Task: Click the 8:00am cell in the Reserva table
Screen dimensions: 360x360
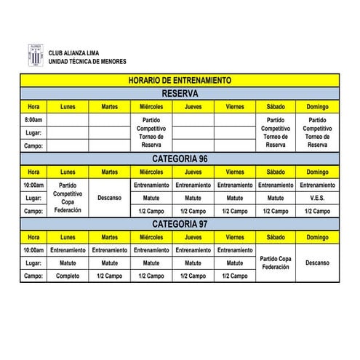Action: pos(33,119)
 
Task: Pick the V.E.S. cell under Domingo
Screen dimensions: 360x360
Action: pos(317,198)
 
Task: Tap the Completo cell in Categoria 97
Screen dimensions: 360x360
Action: pos(68,276)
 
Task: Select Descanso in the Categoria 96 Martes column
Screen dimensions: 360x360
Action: pos(110,198)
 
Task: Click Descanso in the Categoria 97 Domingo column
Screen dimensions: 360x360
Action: pos(317,263)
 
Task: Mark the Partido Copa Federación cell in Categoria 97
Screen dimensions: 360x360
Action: pos(276,263)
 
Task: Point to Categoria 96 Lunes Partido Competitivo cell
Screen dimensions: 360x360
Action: pos(68,198)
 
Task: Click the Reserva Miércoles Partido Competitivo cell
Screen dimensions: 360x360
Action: pos(151,132)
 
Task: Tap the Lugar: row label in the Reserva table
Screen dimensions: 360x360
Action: pos(33,132)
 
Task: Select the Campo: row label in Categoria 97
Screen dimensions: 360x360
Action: pos(33,276)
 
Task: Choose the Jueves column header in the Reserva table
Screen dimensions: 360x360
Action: pos(193,106)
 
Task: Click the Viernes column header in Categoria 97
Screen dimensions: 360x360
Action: pos(235,237)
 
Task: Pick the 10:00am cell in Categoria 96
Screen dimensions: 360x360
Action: pos(33,185)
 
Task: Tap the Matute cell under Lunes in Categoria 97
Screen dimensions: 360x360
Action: pos(68,263)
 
